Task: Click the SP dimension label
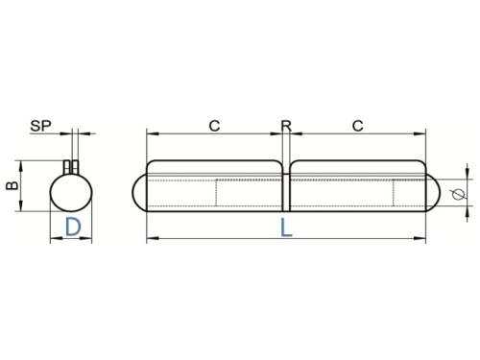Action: pos(40,126)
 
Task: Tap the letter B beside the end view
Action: pos(12,185)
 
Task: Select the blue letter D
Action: pos(73,227)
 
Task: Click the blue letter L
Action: pos(286,228)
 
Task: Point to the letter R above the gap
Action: pos(286,126)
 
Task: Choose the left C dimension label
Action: pos(214,126)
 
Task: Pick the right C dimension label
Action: pos(358,126)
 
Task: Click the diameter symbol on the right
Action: pos(459,194)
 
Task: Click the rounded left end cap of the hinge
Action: pos(133,192)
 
